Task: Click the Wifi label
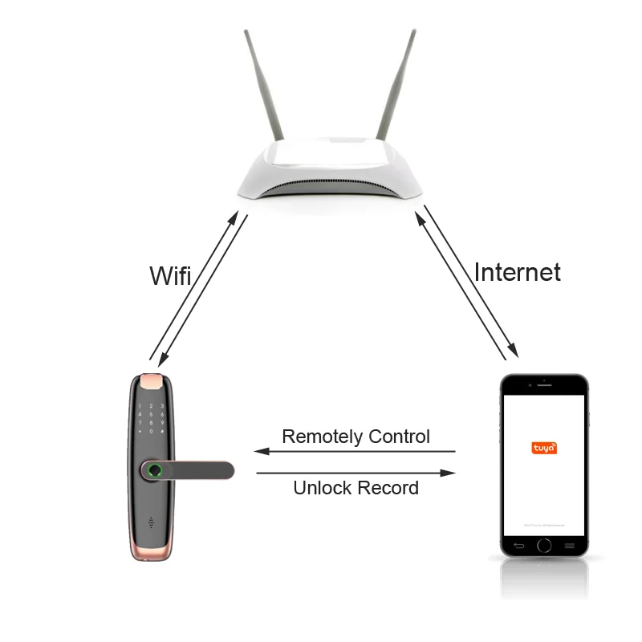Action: tap(170, 275)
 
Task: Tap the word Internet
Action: tap(517, 272)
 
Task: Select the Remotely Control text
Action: tap(356, 437)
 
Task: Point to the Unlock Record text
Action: tap(356, 487)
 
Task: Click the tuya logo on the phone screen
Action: tap(544, 448)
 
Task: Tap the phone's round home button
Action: tap(544, 546)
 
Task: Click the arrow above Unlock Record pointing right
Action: tap(356, 473)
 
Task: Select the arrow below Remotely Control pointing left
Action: tap(356, 451)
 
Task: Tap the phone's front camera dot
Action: tap(544, 380)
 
